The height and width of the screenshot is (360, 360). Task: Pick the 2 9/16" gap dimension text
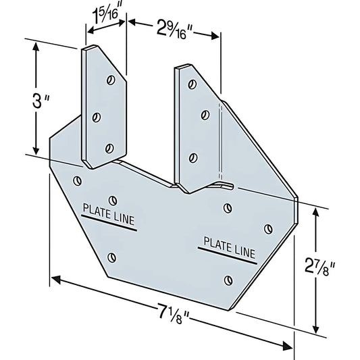tap(173, 29)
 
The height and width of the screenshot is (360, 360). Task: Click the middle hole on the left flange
tap(96, 117)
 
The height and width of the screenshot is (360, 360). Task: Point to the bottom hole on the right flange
tap(193, 158)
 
